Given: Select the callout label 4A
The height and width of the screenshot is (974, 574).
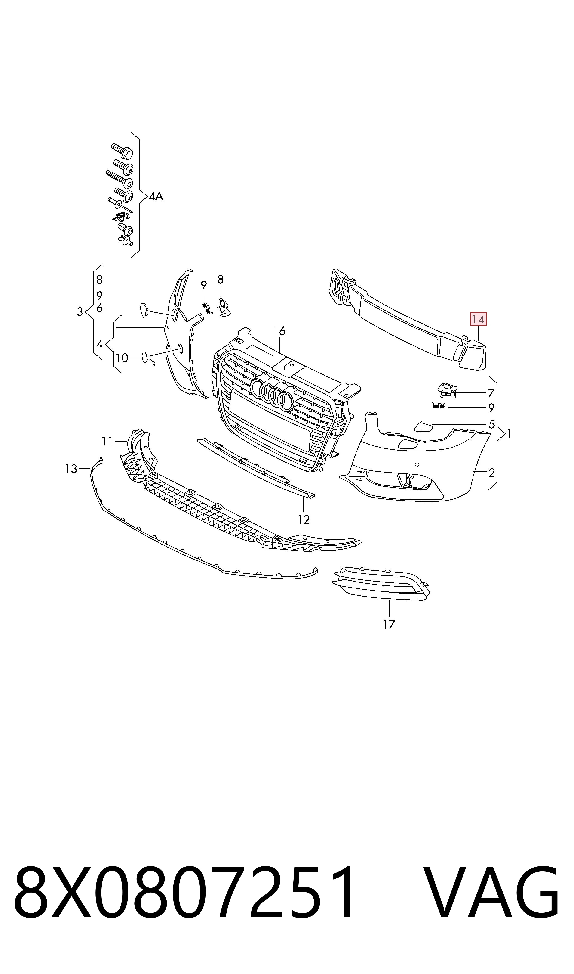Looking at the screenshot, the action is click(156, 197).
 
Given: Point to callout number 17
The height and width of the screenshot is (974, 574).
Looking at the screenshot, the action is click(389, 624).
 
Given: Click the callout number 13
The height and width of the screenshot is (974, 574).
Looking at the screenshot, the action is click(71, 469).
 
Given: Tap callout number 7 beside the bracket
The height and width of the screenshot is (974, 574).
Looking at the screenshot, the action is click(491, 393).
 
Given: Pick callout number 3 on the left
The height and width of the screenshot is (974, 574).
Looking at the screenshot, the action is click(80, 312).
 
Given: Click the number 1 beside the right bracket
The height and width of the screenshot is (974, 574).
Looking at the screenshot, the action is click(510, 434).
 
